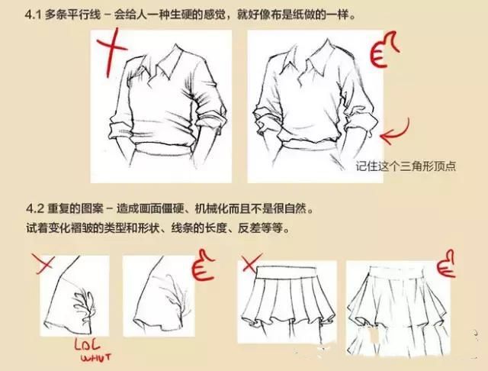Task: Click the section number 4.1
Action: pyautogui.click(x=33, y=15)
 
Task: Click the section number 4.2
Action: pyautogui.click(x=35, y=208)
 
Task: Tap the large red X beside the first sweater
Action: pyautogui.click(x=110, y=52)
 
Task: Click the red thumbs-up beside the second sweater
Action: pyautogui.click(x=384, y=49)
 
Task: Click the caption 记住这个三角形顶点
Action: pyautogui.click(x=406, y=166)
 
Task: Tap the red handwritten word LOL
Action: pyautogui.click(x=88, y=344)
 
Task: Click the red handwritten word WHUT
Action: pyautogui.click(x=96, y=357)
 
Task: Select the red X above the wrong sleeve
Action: pyautogui.click(x=43, y=264)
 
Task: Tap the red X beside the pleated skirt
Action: pyautogui.click(x=251, y=263)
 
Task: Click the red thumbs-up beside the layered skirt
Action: pyautogui.click(x=446, y=263)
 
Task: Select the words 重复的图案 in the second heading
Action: pyautogui.click(x=75, y=208)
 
